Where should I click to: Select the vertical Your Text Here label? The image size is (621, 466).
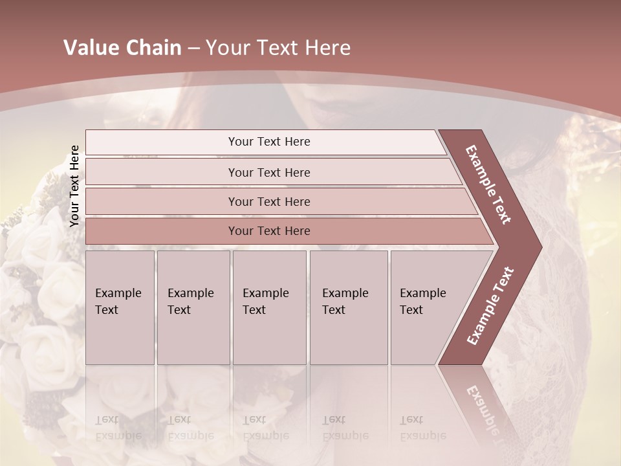click(x=74, y=186)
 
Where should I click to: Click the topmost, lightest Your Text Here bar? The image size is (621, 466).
click(x=269, y=142)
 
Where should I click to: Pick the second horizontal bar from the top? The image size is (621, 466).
click(x=269, y=172)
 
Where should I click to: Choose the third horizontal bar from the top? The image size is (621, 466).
click(x=269, y=201)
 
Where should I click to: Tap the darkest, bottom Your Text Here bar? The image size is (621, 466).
click(x=269, y=231)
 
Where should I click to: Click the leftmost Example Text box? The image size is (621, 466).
click(x=120, y=307)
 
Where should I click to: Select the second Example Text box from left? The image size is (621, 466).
click(x=193, y=307)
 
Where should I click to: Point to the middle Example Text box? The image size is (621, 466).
click(x=269, y=307)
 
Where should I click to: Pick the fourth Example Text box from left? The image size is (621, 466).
click(x=348, y=307)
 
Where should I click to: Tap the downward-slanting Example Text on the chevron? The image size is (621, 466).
click(x=488, y=184)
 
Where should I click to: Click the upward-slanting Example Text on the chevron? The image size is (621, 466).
click(x=490, y=305)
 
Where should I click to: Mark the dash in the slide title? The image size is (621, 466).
click(x=193, y=49)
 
